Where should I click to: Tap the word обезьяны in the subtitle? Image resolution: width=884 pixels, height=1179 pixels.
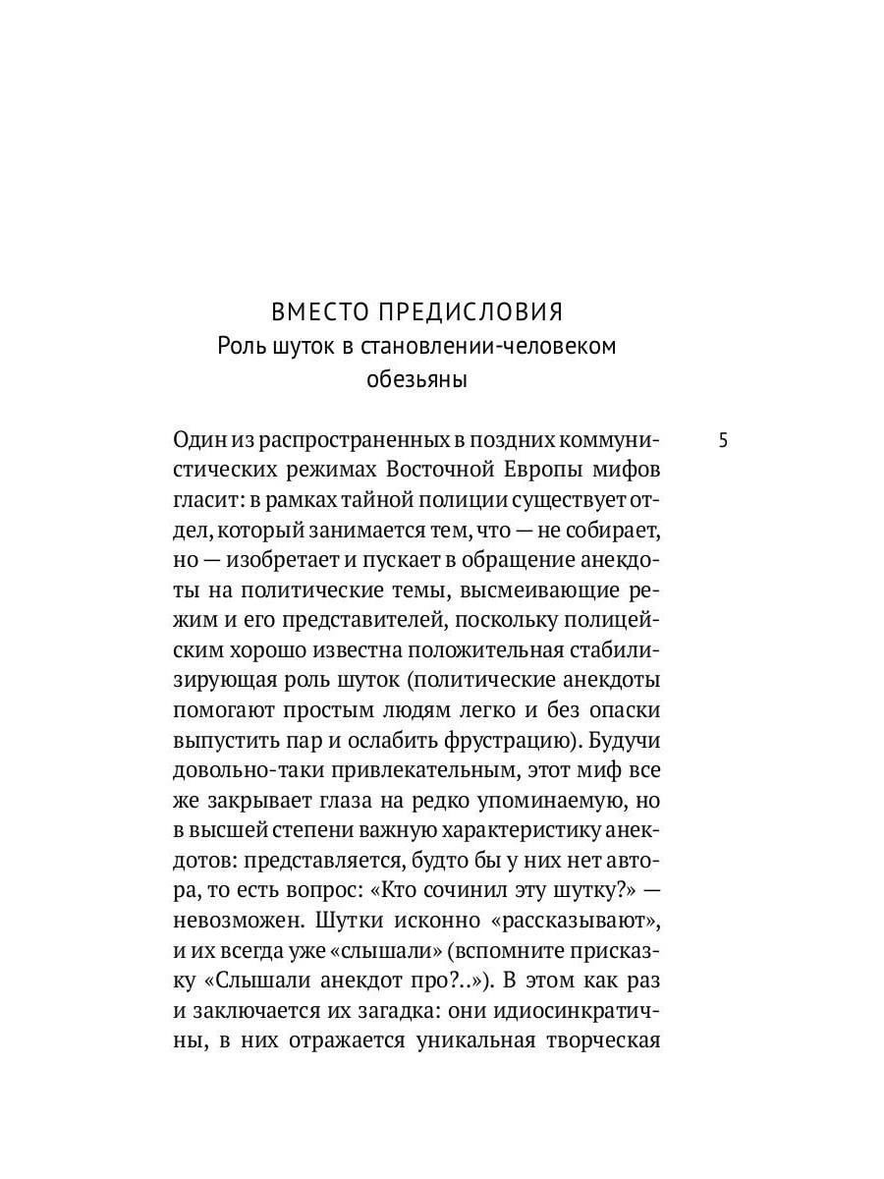416,379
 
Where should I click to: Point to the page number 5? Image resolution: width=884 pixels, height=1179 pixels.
724,440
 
